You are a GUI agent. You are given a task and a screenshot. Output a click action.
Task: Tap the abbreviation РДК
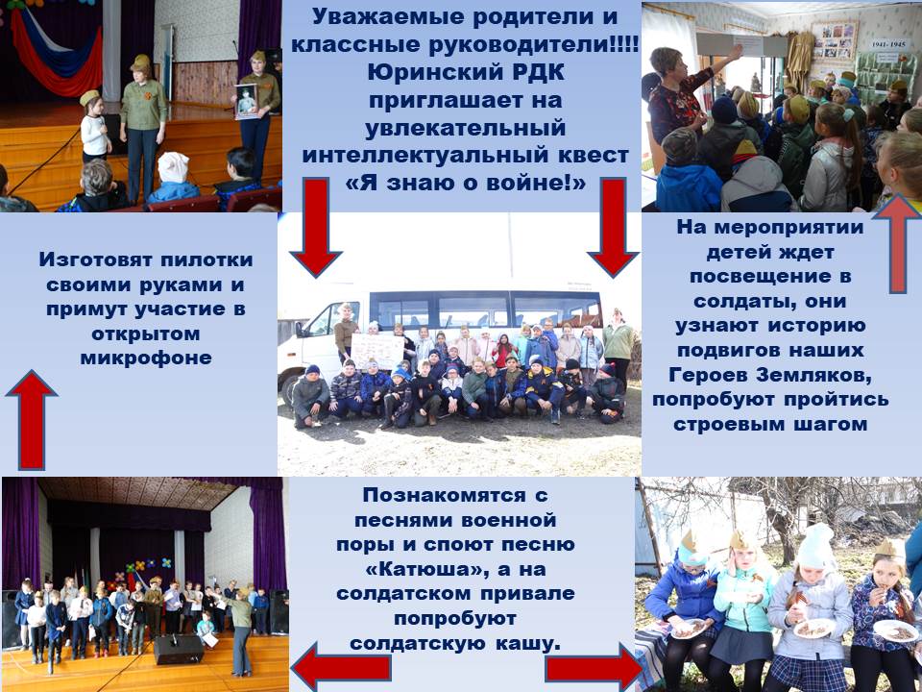tap(534, 72)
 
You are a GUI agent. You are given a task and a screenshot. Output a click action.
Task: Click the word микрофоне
tap(146, 358)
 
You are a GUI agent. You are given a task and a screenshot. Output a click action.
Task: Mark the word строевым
tap(730, 424)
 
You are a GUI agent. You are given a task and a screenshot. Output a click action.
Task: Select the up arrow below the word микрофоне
tap(31, 420)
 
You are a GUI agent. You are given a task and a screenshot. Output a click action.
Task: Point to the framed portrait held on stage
tap(246, 101)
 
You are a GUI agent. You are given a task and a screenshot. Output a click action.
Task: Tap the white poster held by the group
tap(376, 352)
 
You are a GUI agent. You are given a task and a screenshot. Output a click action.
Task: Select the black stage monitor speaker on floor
tap(179, 649)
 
